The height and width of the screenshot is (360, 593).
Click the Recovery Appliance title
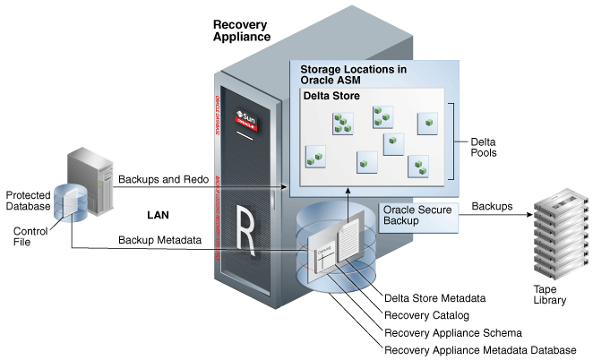pos(243,32)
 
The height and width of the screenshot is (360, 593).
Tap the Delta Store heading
pos(331,95)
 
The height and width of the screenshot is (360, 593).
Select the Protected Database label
pos(28,201)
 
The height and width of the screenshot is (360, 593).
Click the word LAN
pos(159,216)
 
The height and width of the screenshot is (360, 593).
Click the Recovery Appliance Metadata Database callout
pos(479,350)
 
